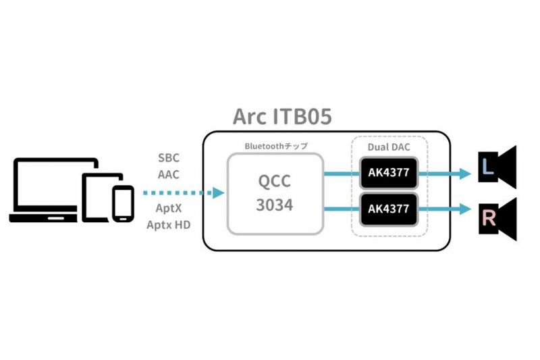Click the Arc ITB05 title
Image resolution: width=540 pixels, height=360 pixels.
(282, 116)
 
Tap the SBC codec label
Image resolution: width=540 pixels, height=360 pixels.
(169, 158)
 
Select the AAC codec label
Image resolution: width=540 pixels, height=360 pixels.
(169, 175)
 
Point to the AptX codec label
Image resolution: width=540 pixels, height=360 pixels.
(168, 208)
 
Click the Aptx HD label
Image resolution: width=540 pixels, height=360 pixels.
(168, 225)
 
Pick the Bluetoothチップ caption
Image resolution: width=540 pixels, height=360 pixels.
(276, 146)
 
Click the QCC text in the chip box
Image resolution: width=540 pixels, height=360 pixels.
(275, 181)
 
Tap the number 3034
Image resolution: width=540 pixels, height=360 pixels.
(275, 205)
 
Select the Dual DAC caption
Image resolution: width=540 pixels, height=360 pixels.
(389, 147)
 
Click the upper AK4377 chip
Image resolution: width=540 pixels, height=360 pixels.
(389, 173)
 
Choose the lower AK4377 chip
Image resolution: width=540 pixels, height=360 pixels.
(389, 209)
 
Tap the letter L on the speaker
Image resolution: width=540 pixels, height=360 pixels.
(487, 167)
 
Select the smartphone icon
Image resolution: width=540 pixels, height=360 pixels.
(123, 204)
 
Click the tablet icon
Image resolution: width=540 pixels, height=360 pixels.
(102, 197)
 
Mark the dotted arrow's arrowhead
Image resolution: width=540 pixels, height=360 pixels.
(218, 193)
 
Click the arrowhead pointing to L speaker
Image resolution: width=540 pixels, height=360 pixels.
(465, 174)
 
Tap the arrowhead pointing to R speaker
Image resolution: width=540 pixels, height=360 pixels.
(465, 209)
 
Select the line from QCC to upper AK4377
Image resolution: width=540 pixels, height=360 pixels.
(342, 174)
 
